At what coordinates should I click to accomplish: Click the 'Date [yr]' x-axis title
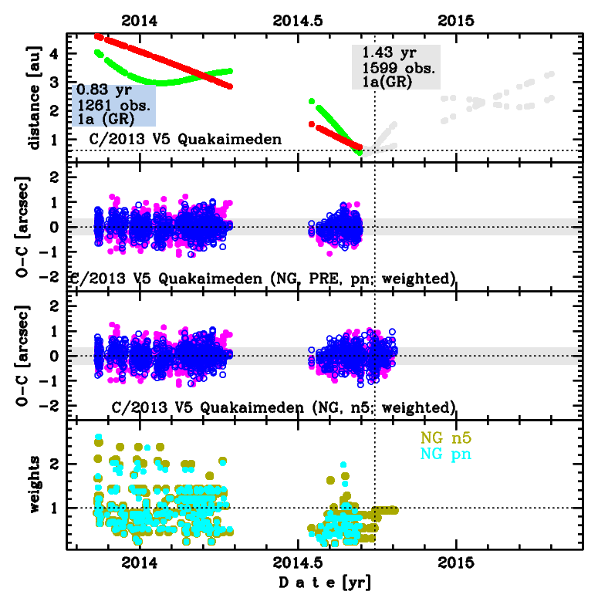pos(324,583)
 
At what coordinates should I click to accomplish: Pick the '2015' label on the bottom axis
pos(455,560)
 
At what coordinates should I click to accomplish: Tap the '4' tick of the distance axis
pos(54,54)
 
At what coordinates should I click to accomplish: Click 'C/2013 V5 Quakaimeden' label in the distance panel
pos(180,140)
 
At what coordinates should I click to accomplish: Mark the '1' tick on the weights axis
pos(54,508)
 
